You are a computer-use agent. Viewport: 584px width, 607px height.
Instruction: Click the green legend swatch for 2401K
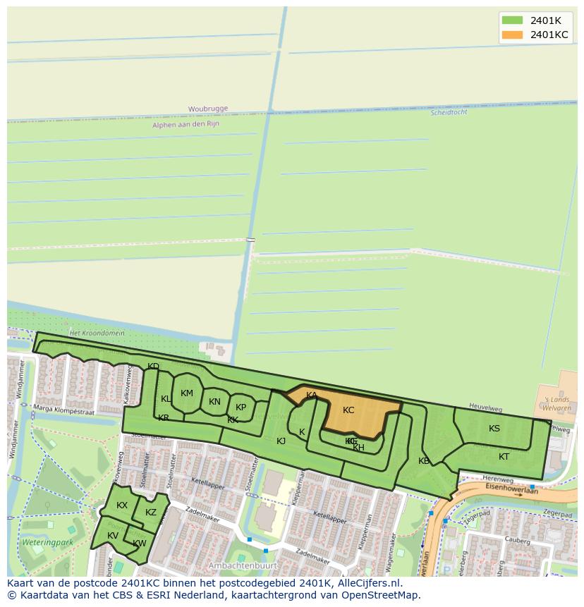512,20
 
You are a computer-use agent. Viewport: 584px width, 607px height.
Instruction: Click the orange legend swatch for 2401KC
512,35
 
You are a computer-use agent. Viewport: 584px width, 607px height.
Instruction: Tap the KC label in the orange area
348,410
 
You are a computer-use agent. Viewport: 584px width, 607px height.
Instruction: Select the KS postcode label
494,429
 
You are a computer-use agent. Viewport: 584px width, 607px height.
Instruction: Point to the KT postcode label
504,457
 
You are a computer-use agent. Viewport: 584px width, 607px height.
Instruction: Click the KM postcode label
187,393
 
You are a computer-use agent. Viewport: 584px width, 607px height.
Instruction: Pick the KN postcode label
215,402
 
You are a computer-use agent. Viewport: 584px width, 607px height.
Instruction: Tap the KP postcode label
241,407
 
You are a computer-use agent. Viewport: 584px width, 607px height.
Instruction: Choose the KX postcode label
122,505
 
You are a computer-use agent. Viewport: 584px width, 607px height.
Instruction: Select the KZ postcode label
151,513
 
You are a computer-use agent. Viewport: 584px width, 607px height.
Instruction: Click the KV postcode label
113,536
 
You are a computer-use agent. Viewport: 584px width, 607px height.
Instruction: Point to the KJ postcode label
281,441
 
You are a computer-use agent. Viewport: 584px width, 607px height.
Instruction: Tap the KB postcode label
423,461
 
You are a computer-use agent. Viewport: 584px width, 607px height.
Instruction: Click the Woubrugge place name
207,109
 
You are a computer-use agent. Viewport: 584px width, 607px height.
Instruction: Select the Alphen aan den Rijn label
185,124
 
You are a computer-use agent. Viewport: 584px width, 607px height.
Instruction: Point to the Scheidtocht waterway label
449,112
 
